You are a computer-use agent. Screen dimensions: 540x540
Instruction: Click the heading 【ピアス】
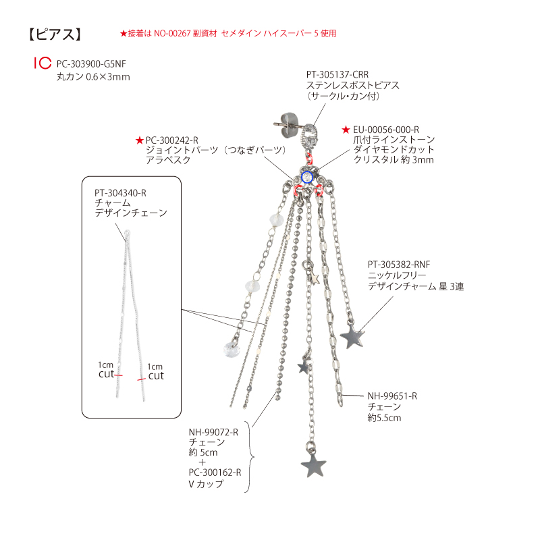tap(55, 34)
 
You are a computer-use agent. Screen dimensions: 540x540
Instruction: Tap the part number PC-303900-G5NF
tap(91, 64)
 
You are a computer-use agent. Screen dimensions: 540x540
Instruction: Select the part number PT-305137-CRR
tap(337, 74)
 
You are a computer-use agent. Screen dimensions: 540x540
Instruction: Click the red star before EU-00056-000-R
tap(346, 130)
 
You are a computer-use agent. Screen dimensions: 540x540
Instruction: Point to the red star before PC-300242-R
tap(140, 140)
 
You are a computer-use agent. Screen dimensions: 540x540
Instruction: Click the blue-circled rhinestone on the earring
tap(307, 178)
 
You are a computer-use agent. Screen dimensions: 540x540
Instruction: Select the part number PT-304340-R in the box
tap(121, 193)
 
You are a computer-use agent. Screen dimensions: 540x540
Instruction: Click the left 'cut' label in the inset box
tap(106, 374)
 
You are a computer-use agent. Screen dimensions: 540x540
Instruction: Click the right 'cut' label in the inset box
tap(156, 376)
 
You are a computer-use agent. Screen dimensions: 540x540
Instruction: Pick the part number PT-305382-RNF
tap(399, 265)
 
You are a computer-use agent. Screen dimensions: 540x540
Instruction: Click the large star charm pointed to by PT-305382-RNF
tap(352, 335)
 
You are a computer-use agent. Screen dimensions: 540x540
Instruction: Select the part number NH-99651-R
tap(392, 396)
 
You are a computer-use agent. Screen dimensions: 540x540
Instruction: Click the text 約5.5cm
tap(384, 418)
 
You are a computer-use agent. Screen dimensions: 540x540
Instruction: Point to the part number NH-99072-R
tap(213, 432)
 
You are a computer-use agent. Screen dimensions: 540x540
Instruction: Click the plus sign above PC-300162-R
tap(202, 462)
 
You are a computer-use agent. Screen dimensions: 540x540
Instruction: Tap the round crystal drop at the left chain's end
tap(232, 350)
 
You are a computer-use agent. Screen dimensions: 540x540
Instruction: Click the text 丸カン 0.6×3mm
tap(93, 77)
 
